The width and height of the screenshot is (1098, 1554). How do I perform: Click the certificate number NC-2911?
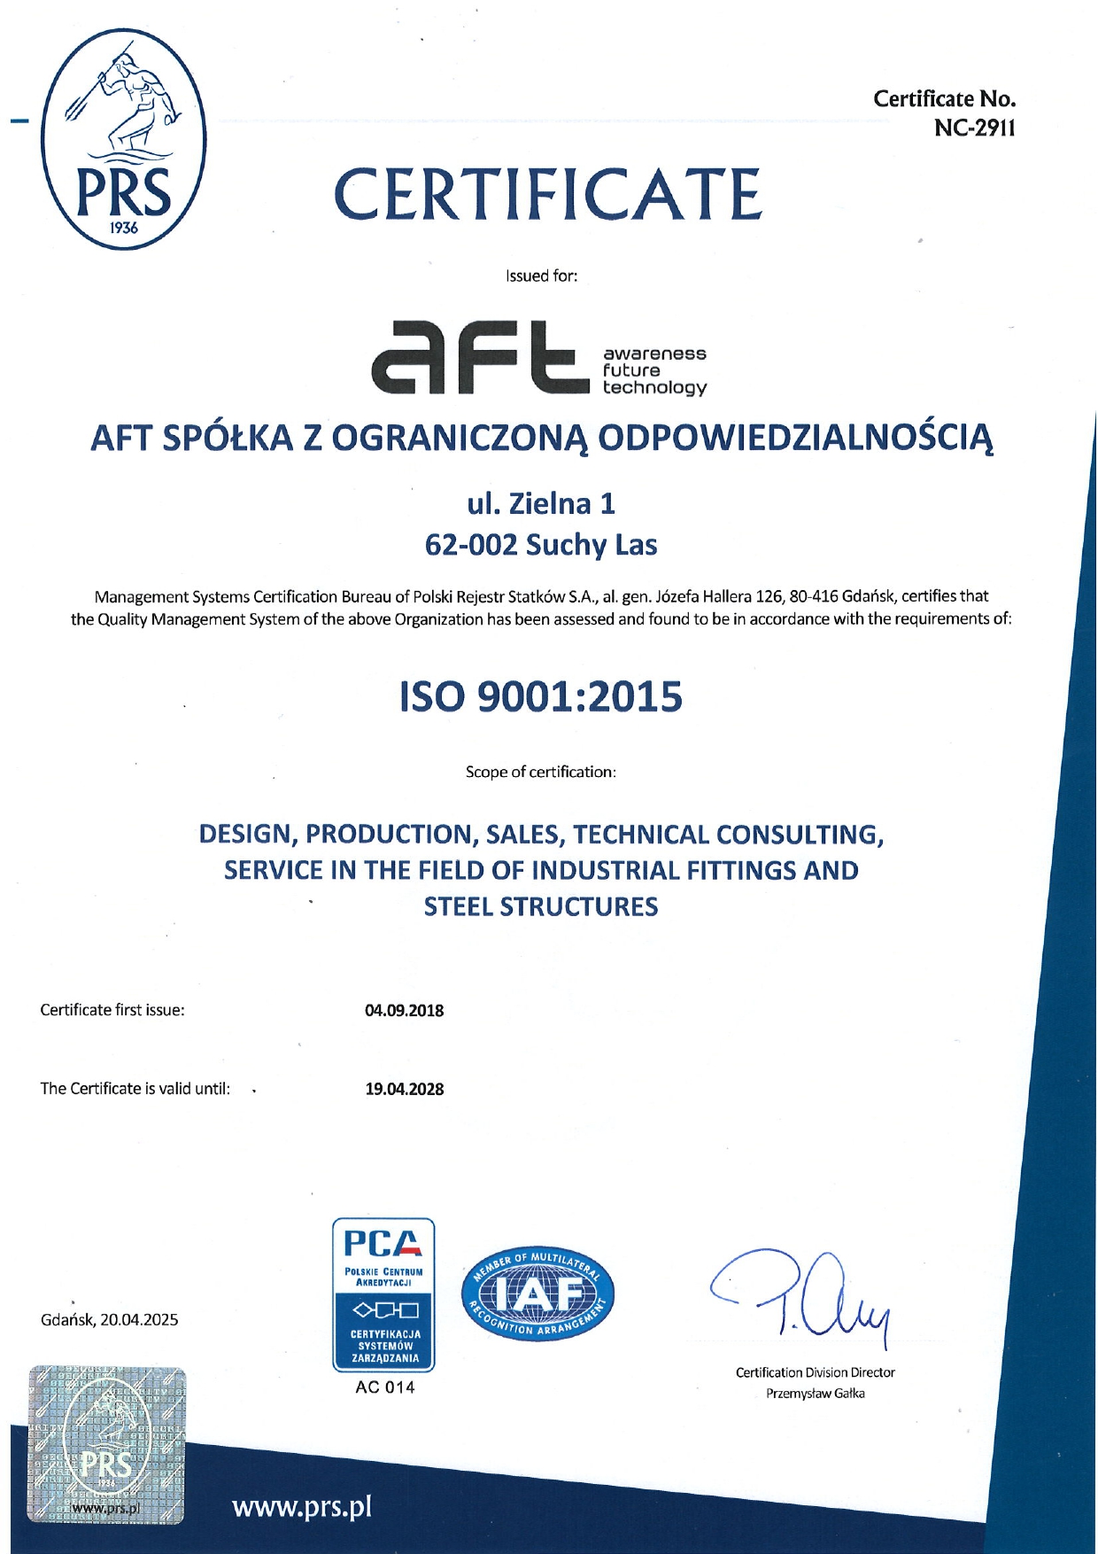tap(974, 128)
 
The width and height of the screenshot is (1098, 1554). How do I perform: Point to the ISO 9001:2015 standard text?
tap(541, 697)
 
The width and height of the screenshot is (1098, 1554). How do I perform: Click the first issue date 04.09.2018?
tap(405, 1010)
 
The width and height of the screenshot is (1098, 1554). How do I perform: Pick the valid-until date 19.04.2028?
tap(405, 1089)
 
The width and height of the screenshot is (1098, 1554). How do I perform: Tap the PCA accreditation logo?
tap(383, 1294)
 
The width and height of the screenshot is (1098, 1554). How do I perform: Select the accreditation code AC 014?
tap(384, 1387)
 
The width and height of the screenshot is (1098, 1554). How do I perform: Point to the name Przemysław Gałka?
tap(815, 1394)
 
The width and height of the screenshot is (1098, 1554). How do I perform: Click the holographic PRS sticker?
tap(107, 1444)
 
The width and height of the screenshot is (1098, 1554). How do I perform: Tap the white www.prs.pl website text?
tap(302, 1507)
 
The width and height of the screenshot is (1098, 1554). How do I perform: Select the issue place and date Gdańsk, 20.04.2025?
tap(110, 1320)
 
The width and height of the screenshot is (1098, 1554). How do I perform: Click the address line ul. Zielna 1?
tap(541, 504)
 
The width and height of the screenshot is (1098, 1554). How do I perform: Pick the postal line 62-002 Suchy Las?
tap(541, 545)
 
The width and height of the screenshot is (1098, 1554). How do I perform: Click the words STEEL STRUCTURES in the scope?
tap(541, 907)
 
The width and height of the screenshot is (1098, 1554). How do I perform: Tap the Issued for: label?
tap(541, 276)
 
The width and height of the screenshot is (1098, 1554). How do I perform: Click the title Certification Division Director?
tap(815, 1372)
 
